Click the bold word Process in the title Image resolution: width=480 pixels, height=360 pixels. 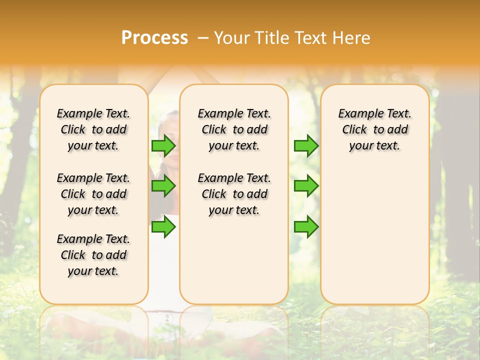154,38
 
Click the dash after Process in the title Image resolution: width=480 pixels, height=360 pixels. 203,38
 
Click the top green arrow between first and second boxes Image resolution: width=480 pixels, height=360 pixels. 163,146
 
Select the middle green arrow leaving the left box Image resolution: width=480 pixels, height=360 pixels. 163,186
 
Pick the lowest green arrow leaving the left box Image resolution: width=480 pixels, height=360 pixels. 163,227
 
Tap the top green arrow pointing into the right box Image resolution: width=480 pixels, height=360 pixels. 306,146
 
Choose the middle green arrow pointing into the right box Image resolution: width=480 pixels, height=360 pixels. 306,186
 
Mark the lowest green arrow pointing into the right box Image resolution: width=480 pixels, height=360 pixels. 306,227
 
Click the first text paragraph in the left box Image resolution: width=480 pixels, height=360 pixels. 93,129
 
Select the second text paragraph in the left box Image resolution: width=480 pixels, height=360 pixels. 93,194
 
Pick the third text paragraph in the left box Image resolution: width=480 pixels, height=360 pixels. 93,255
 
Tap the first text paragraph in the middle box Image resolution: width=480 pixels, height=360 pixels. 234,129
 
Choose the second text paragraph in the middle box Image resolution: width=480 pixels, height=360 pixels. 234,194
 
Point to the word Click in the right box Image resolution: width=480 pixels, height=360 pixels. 354,130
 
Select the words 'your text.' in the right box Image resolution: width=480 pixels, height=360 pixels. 374,146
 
